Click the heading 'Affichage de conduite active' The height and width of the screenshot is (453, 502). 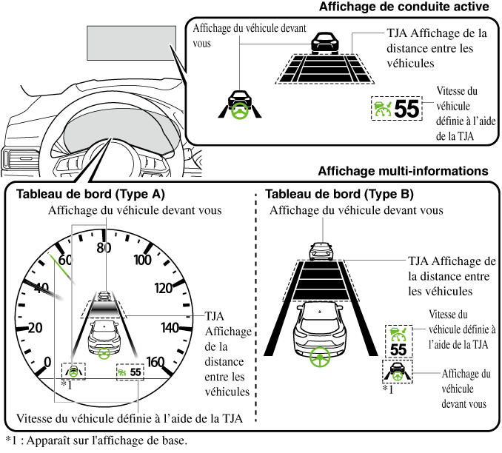pyautogui.click(x=404, y=8)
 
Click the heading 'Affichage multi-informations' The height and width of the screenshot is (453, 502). pyautogui.click(x=403, y=171)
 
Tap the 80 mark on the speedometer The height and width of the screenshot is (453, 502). pyautogui.click(x=104, y=247)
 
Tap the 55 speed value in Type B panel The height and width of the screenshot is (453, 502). pyautogui.click(x=398, y=349)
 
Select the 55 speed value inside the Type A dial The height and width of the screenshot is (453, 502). pyautogui.click(x=135, y=373)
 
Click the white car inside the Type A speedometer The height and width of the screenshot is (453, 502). pyautogui.click(x=105, y=338)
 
